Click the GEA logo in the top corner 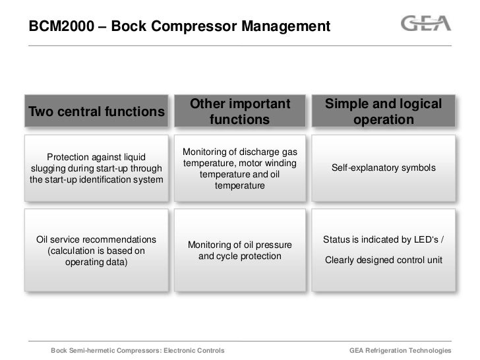click(426, 24)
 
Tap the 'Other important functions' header click(239, 111)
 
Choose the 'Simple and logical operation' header click(383, 111)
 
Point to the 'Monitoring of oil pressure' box click(239, 250)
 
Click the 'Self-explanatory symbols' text click(383, 168)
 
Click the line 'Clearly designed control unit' click(383, 260)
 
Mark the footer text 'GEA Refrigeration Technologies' click(400, 349)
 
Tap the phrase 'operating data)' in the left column click(96, 262)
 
